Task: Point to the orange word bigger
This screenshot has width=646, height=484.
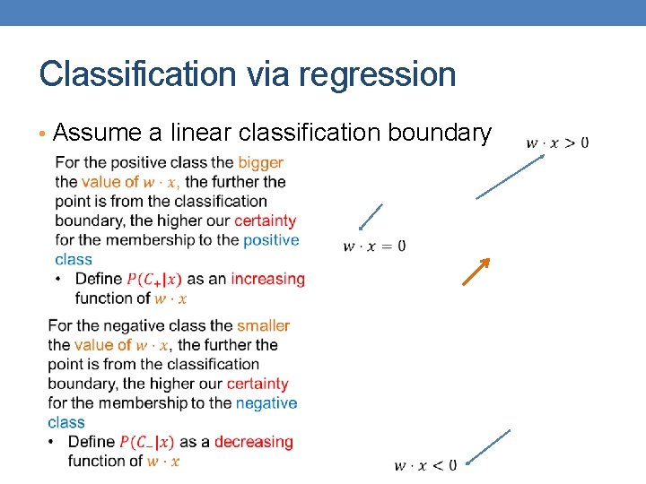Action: pos(260,162)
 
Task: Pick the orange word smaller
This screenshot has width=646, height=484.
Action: pos(263,325)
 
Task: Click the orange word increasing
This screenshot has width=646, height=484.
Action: pos(267,279)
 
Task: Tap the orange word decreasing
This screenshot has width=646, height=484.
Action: pos(253,442)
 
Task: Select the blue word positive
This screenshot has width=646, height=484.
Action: pos(271,239)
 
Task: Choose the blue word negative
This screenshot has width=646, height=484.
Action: pos(266,402)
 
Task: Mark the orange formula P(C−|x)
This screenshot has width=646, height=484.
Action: pos(147,442)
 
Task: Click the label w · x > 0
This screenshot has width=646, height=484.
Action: pos(557,143)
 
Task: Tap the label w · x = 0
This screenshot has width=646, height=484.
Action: pos(374,246)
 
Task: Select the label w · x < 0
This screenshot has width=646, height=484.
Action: pos(425,464)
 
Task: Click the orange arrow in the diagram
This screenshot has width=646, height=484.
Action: pos(476,272)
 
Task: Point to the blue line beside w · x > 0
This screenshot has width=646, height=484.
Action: pos(510,177)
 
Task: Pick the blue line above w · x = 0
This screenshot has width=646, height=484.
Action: pos(371,218)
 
